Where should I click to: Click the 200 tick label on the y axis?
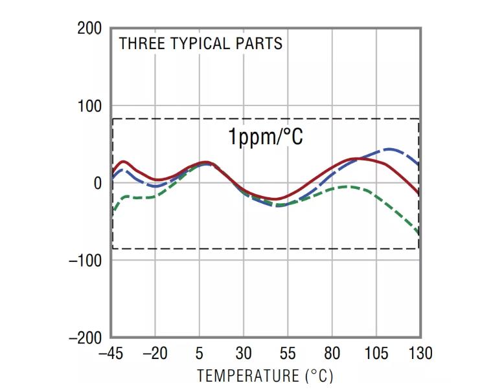click(89, 29)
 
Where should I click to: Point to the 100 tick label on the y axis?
click(89, 106)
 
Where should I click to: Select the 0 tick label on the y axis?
click(97, 183)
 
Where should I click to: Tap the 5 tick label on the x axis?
click(200, 354)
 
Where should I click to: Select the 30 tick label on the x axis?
click(244, 354)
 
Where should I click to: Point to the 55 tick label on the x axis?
click(288, 354)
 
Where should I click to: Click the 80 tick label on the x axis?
click(332, 354)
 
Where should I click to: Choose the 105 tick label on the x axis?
click(376, 354)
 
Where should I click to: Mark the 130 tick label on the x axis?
click(420, 354)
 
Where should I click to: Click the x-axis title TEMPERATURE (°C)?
click(266, 376)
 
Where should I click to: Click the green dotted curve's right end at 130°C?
click(418, 234)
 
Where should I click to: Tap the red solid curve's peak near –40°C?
click(123, 161)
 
